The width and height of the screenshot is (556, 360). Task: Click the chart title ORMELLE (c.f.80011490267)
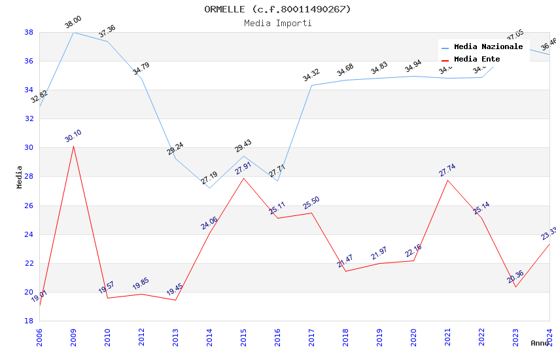[277, 9]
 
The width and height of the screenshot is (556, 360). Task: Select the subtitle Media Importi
[277, 23]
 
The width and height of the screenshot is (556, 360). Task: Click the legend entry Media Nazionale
[488, 47]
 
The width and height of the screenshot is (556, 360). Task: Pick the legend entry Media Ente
[477, 60]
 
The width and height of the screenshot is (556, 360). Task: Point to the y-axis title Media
[20, 177]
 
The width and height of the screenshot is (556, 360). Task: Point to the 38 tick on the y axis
[29, 32]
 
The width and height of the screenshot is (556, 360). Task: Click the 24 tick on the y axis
[29, 234]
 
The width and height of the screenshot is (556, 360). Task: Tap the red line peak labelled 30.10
[73, 146]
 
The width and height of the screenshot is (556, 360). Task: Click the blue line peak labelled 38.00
[73, 32]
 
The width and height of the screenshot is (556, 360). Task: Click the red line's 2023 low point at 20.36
[515, 287]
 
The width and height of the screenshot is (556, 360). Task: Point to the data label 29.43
[243, 146]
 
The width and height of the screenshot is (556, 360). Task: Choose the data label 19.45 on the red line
[175, 290]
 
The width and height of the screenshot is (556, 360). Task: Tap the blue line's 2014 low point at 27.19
[209, 188]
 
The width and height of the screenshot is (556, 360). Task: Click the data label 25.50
[311, 203]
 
